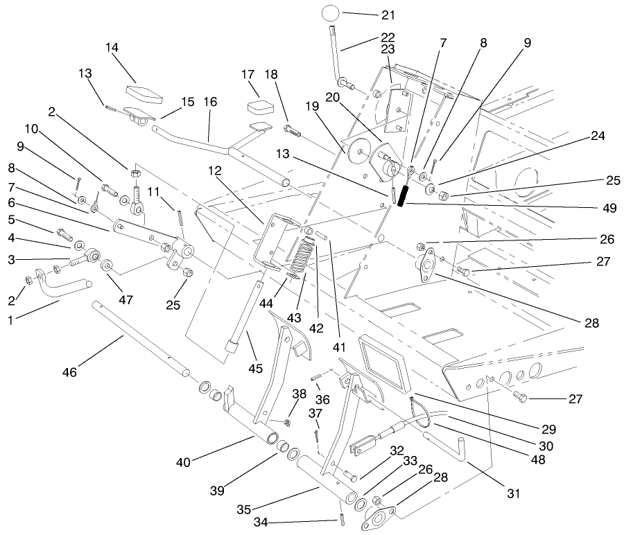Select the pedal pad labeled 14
(144, 90)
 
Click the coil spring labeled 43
(297, 256)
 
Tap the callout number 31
(512, 493)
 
